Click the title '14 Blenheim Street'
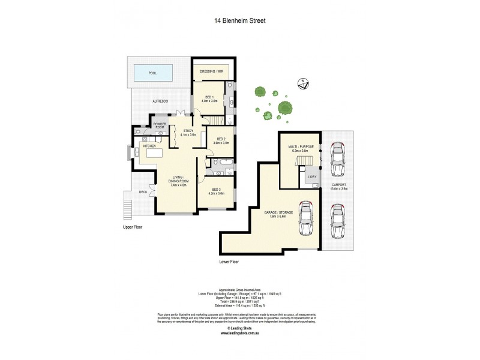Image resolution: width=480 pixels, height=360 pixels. pyautogui.click(x=240, y=20)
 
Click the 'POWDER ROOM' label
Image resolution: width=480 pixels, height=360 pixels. pyautogui.click(x=160, y=126)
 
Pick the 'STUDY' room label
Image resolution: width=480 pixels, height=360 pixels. pyautogui.click(x=188, y=131)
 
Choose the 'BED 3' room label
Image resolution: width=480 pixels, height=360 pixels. pyautogui.click(x=216, y=191)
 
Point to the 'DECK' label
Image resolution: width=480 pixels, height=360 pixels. pyautogui.click(x=143, y=192)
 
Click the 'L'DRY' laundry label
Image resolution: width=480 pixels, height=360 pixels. pyautogui.click(x=312, y=176)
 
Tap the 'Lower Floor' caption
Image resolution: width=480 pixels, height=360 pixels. pyautogui.click(x=230, y=262)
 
